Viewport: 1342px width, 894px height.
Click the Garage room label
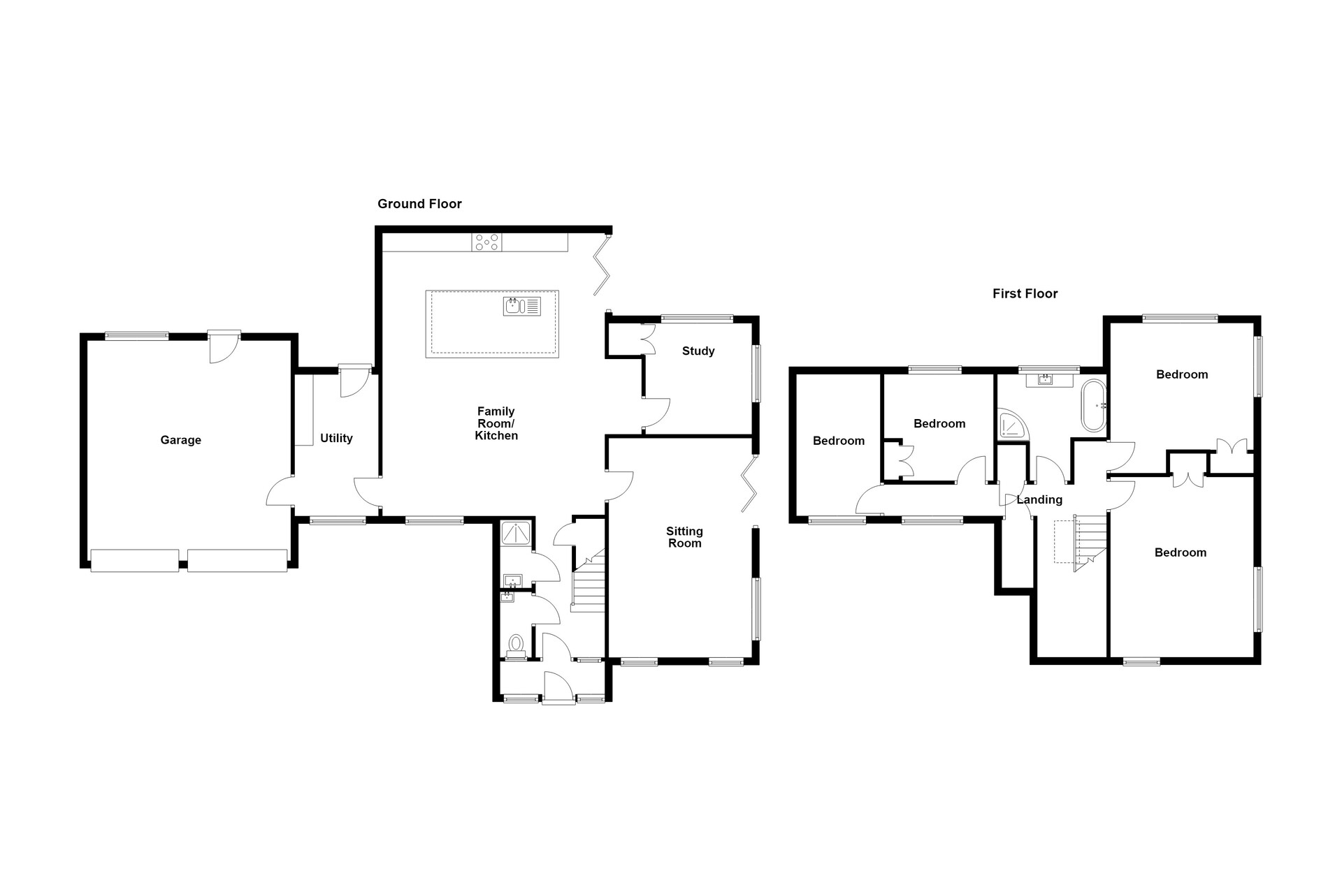tap(180, 440)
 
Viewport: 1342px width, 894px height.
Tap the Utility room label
tap(336, 439)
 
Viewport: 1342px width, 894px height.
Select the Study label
tap(698, 351)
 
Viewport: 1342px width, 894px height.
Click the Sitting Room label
tap(684, 537)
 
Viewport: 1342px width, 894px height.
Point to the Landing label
tap(1039, 500)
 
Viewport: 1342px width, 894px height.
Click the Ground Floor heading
tap(419, 204)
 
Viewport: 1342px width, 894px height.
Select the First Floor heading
tap(1025, 294)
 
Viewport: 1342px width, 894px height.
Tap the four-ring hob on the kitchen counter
tap(487, 242)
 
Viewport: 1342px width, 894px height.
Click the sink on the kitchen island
tap(521, 306)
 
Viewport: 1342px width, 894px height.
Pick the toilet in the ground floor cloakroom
tap(517, 647)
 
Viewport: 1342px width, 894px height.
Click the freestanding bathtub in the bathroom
tap(1094, 405)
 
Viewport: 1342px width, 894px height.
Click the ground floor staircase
tap(588, 580)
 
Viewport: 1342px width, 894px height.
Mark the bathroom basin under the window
tap(1046, 380)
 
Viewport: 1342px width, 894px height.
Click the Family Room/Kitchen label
tap(496, 424)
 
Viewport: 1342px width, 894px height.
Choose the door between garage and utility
tap(280, 491)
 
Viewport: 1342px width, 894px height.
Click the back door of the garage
tap(224, 347)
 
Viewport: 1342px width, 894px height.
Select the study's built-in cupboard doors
tap(647, 339)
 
